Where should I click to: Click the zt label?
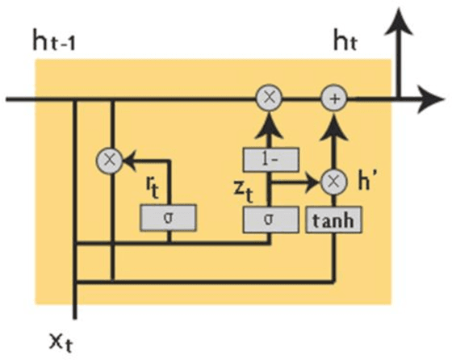255,189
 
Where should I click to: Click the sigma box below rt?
168,217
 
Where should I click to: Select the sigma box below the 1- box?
267,217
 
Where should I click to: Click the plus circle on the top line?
333,100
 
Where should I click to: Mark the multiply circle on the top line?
267,100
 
